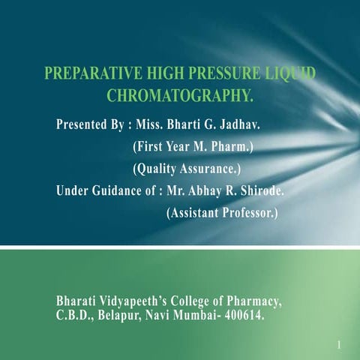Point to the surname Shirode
point(259,190)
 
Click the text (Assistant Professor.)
point(221,213)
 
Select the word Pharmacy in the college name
point(256,301)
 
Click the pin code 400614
point(244,315)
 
